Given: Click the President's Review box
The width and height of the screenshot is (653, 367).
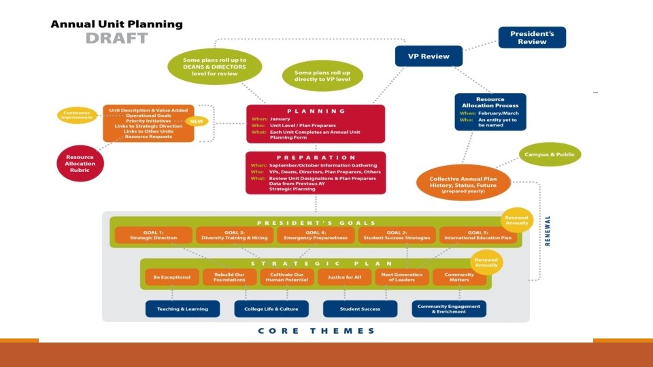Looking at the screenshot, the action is pos(532,37).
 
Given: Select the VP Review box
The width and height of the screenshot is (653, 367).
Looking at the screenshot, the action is pos(429,56).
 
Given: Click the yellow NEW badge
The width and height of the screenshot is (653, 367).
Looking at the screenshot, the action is pos(197,122).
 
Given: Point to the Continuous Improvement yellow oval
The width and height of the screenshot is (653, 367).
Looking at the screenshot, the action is pos(76,116).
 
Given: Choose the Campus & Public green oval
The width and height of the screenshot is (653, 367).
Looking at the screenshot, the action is pos(550,155).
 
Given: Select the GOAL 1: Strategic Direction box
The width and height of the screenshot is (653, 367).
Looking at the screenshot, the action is pos(153,235).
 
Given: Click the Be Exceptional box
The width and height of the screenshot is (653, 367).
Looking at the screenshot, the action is pos(172,277).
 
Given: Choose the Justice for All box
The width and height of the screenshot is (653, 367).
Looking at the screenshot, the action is pos(344,277).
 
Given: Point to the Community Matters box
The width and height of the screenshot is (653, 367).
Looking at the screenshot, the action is pos(460,277).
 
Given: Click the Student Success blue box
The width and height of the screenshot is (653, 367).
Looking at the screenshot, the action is pos(360,309).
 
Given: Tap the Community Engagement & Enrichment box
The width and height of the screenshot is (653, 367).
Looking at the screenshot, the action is pos(449,309).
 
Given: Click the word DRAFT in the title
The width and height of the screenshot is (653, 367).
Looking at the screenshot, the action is pos(116,38).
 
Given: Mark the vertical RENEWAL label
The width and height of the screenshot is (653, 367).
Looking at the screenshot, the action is pos(548,231).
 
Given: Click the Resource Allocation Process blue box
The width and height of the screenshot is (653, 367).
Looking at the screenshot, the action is pos(490,111).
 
